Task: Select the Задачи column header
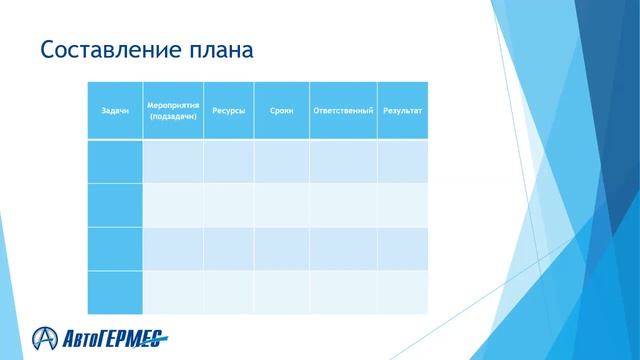[x=115, y=110]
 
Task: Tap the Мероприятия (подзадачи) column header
[x=173, y=110]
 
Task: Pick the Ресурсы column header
[x=228, y=110]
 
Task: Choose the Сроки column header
[x=281, y=110]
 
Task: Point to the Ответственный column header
[x=343, y=110]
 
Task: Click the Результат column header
[x=402, y=110]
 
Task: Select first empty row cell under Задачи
[x=115, y=161]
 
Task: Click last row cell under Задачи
[x=115, y=292]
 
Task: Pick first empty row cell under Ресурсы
[x=228, y=161]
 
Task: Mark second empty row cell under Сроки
[x=281, y=205]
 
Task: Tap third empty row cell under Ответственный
[x=343, y=248]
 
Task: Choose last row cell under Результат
[x=402, y=292]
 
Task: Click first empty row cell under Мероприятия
[x=173, y=161]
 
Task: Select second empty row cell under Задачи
[x=115, y=205]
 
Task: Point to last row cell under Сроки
[x=281, y=292]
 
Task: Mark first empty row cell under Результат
[x=402, y=161]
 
